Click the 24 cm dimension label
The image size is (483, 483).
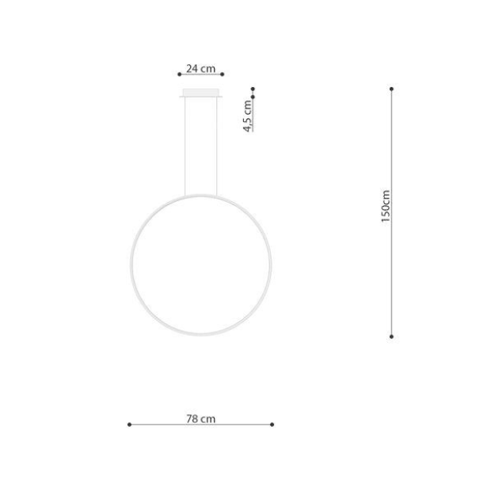pos(202,69)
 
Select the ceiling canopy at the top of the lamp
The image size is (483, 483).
pos(202,95)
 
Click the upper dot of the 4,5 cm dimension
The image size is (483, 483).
pos(253,89)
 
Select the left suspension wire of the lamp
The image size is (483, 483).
pos(186,146)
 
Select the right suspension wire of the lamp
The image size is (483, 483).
pos(219,146)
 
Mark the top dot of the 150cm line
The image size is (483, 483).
pos(392,89)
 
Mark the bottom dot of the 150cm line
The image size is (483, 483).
pos(392,336)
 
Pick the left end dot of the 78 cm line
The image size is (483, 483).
pos(129,424)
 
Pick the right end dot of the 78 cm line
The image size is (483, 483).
pos(272,424)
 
